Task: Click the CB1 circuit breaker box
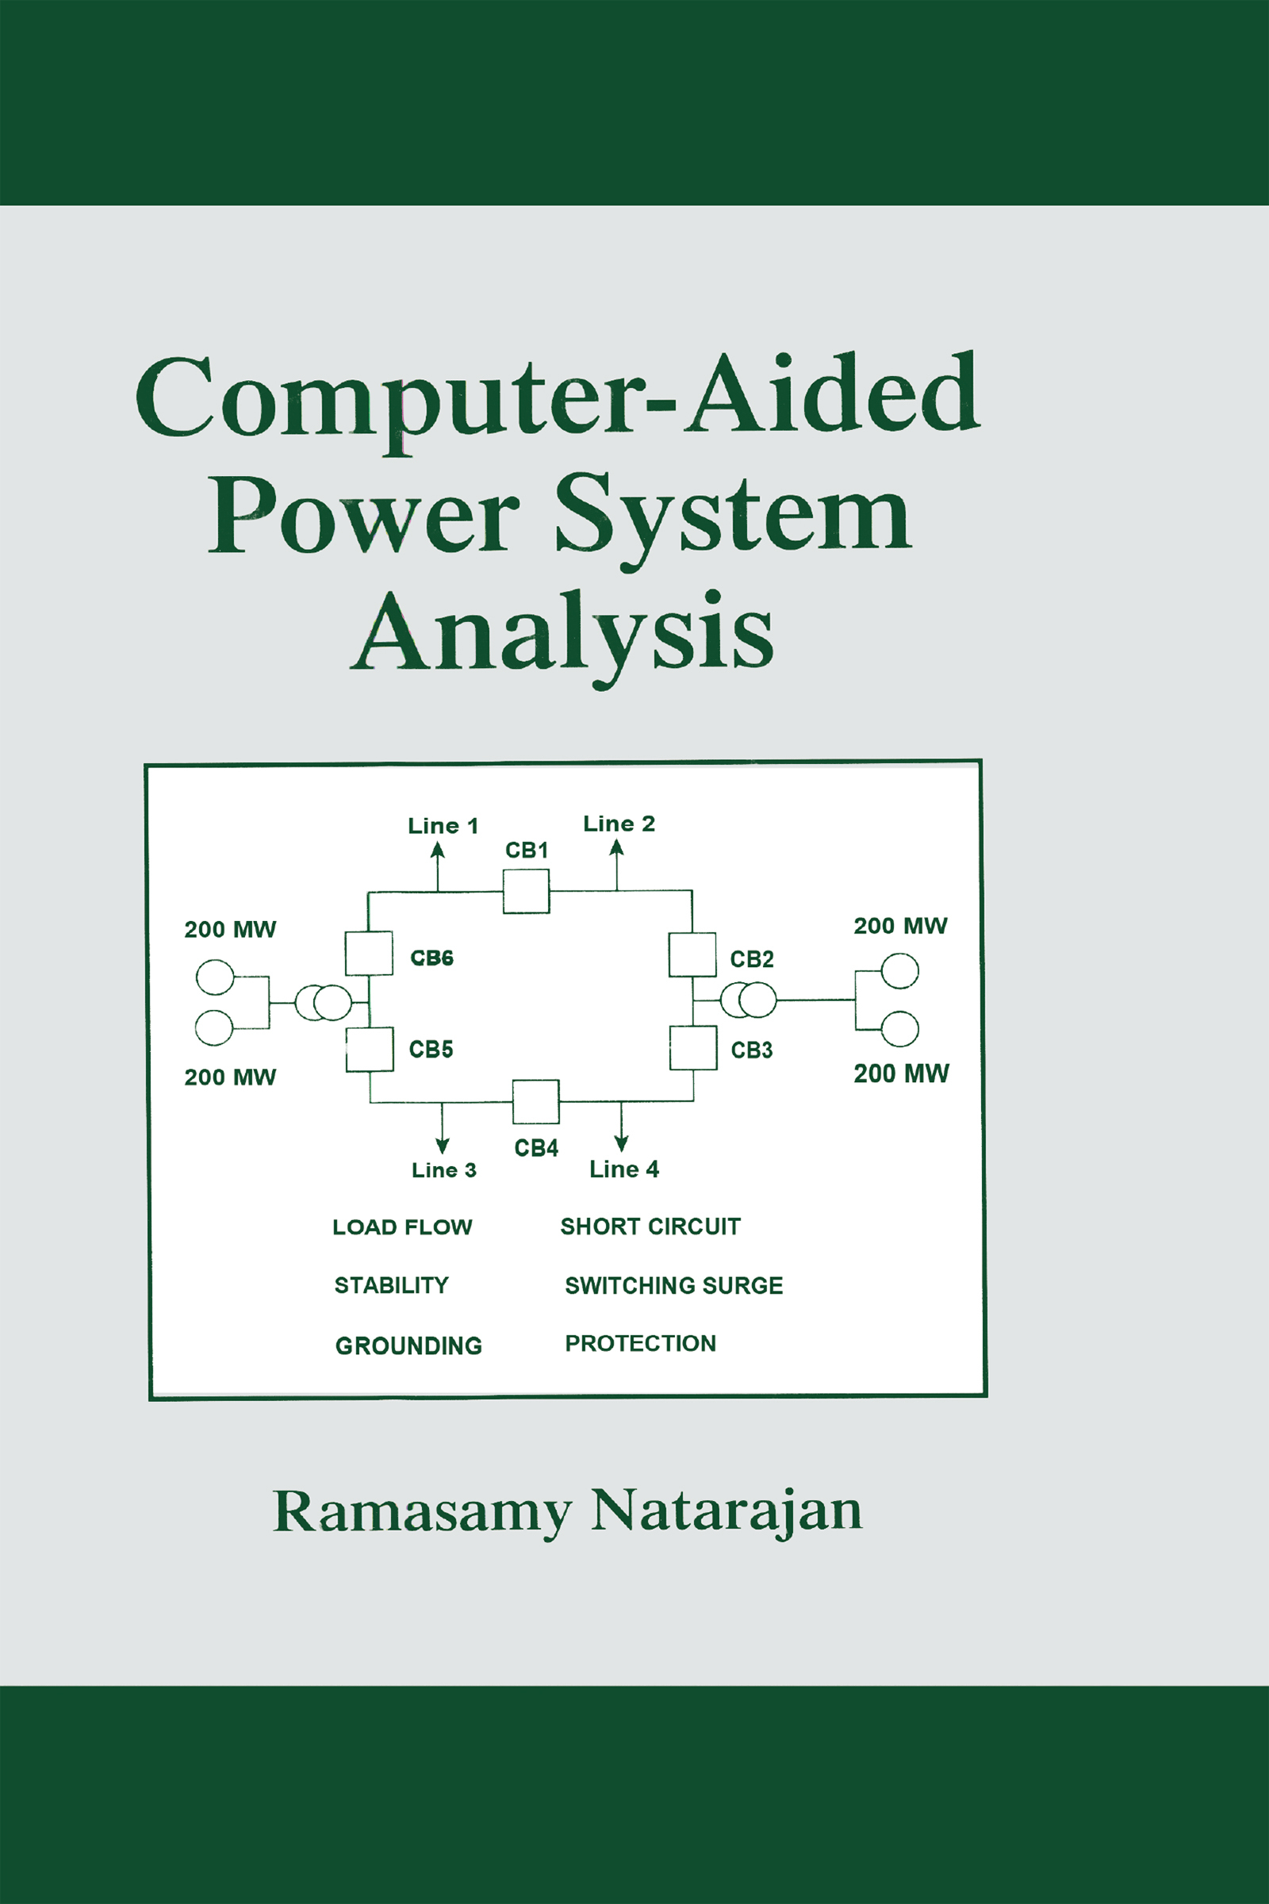tap(526, 891)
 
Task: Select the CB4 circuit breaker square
tap(536, 1102)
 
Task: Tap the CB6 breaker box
tap(369, 954)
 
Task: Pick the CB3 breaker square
tap(693, 1048)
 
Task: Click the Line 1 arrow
tap(438, 866)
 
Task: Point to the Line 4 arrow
tap(621, 1126)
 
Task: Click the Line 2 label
tap(619, 824)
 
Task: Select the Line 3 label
tap(443, 1171)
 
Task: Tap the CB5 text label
tap(431, 1050)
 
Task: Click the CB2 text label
tap(752, 959)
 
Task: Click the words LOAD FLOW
tap(402, 1227)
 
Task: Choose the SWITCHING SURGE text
tap(673, 1285)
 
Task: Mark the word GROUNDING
tap(408, 1345)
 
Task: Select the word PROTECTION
tap(640, 1344)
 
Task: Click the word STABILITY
tap(391, 1285)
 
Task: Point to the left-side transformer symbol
tap(323, 1003)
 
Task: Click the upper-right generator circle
tap(899, 971)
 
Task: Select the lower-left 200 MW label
tap(230, 1077)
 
